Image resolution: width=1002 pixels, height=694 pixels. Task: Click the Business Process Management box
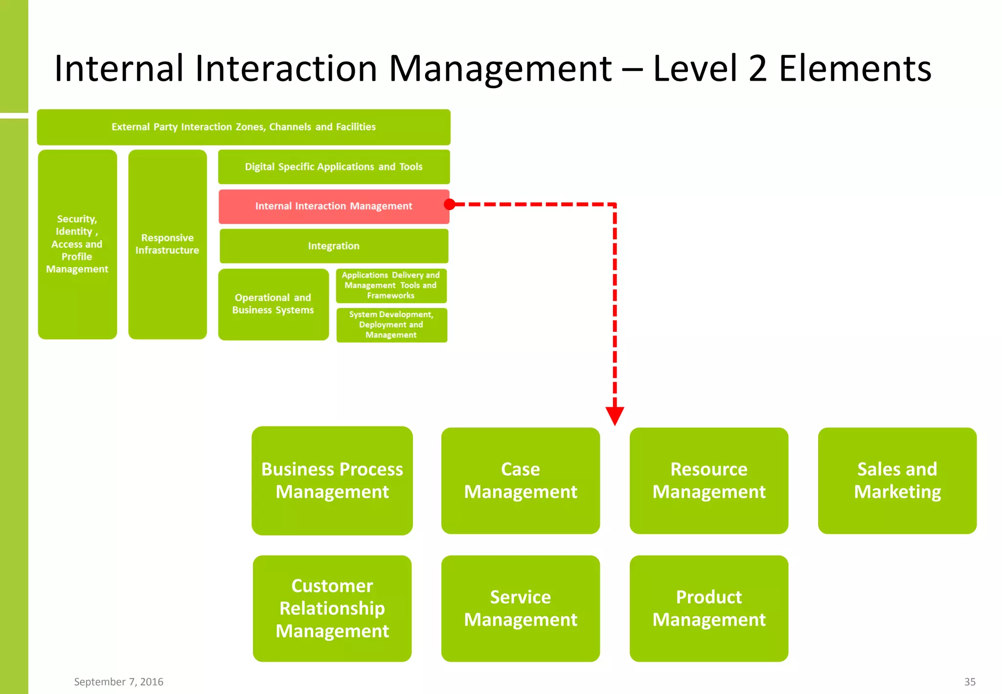pos(332,481)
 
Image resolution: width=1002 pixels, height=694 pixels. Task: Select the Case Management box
pos(521,481)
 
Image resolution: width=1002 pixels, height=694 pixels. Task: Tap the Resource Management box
pos(709,481)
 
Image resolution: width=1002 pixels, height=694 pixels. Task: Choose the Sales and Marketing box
pos(897,481)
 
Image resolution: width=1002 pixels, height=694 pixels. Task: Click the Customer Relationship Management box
pos(332,608)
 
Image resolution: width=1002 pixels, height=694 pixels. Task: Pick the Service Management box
pos(521,608)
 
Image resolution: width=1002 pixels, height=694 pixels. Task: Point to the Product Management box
pos(709,608)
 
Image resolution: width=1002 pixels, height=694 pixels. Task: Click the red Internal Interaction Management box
pos(334,207)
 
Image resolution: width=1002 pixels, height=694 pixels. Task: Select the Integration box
pos(334,246)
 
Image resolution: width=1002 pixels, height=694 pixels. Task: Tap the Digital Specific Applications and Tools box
pos(334,167)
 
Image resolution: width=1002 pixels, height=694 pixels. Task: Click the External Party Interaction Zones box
pos(244,127)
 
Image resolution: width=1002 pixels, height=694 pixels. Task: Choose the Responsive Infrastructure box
pos(167,244)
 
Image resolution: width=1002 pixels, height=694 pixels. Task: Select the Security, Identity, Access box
pos(77,244)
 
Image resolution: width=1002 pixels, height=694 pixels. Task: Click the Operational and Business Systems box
pos(273,304)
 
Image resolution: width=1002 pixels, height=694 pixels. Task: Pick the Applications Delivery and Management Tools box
pos(391,285)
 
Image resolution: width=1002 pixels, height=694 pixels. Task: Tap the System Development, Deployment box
pos(391,325)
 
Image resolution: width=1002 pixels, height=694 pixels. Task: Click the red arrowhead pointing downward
pos(615,416)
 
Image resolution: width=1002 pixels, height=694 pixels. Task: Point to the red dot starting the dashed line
pos(450,205)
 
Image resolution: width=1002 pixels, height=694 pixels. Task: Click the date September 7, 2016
pos(118,682)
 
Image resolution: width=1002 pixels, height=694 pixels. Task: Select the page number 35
pos(970,682)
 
